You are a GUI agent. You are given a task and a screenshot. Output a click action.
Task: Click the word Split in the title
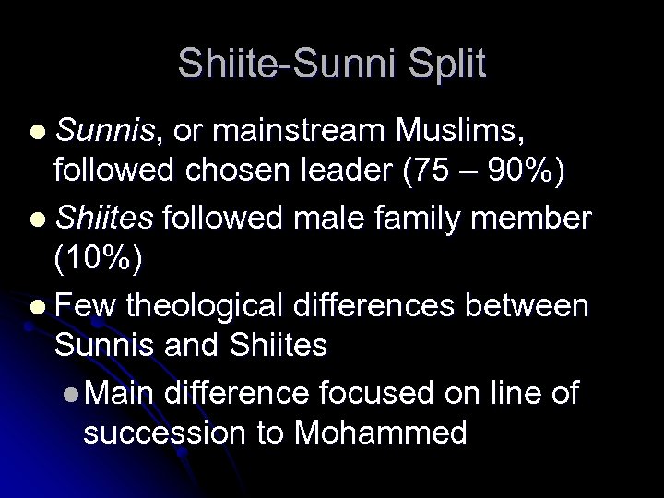(440, 63)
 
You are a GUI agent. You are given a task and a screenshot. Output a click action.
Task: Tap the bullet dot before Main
(74, 393)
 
